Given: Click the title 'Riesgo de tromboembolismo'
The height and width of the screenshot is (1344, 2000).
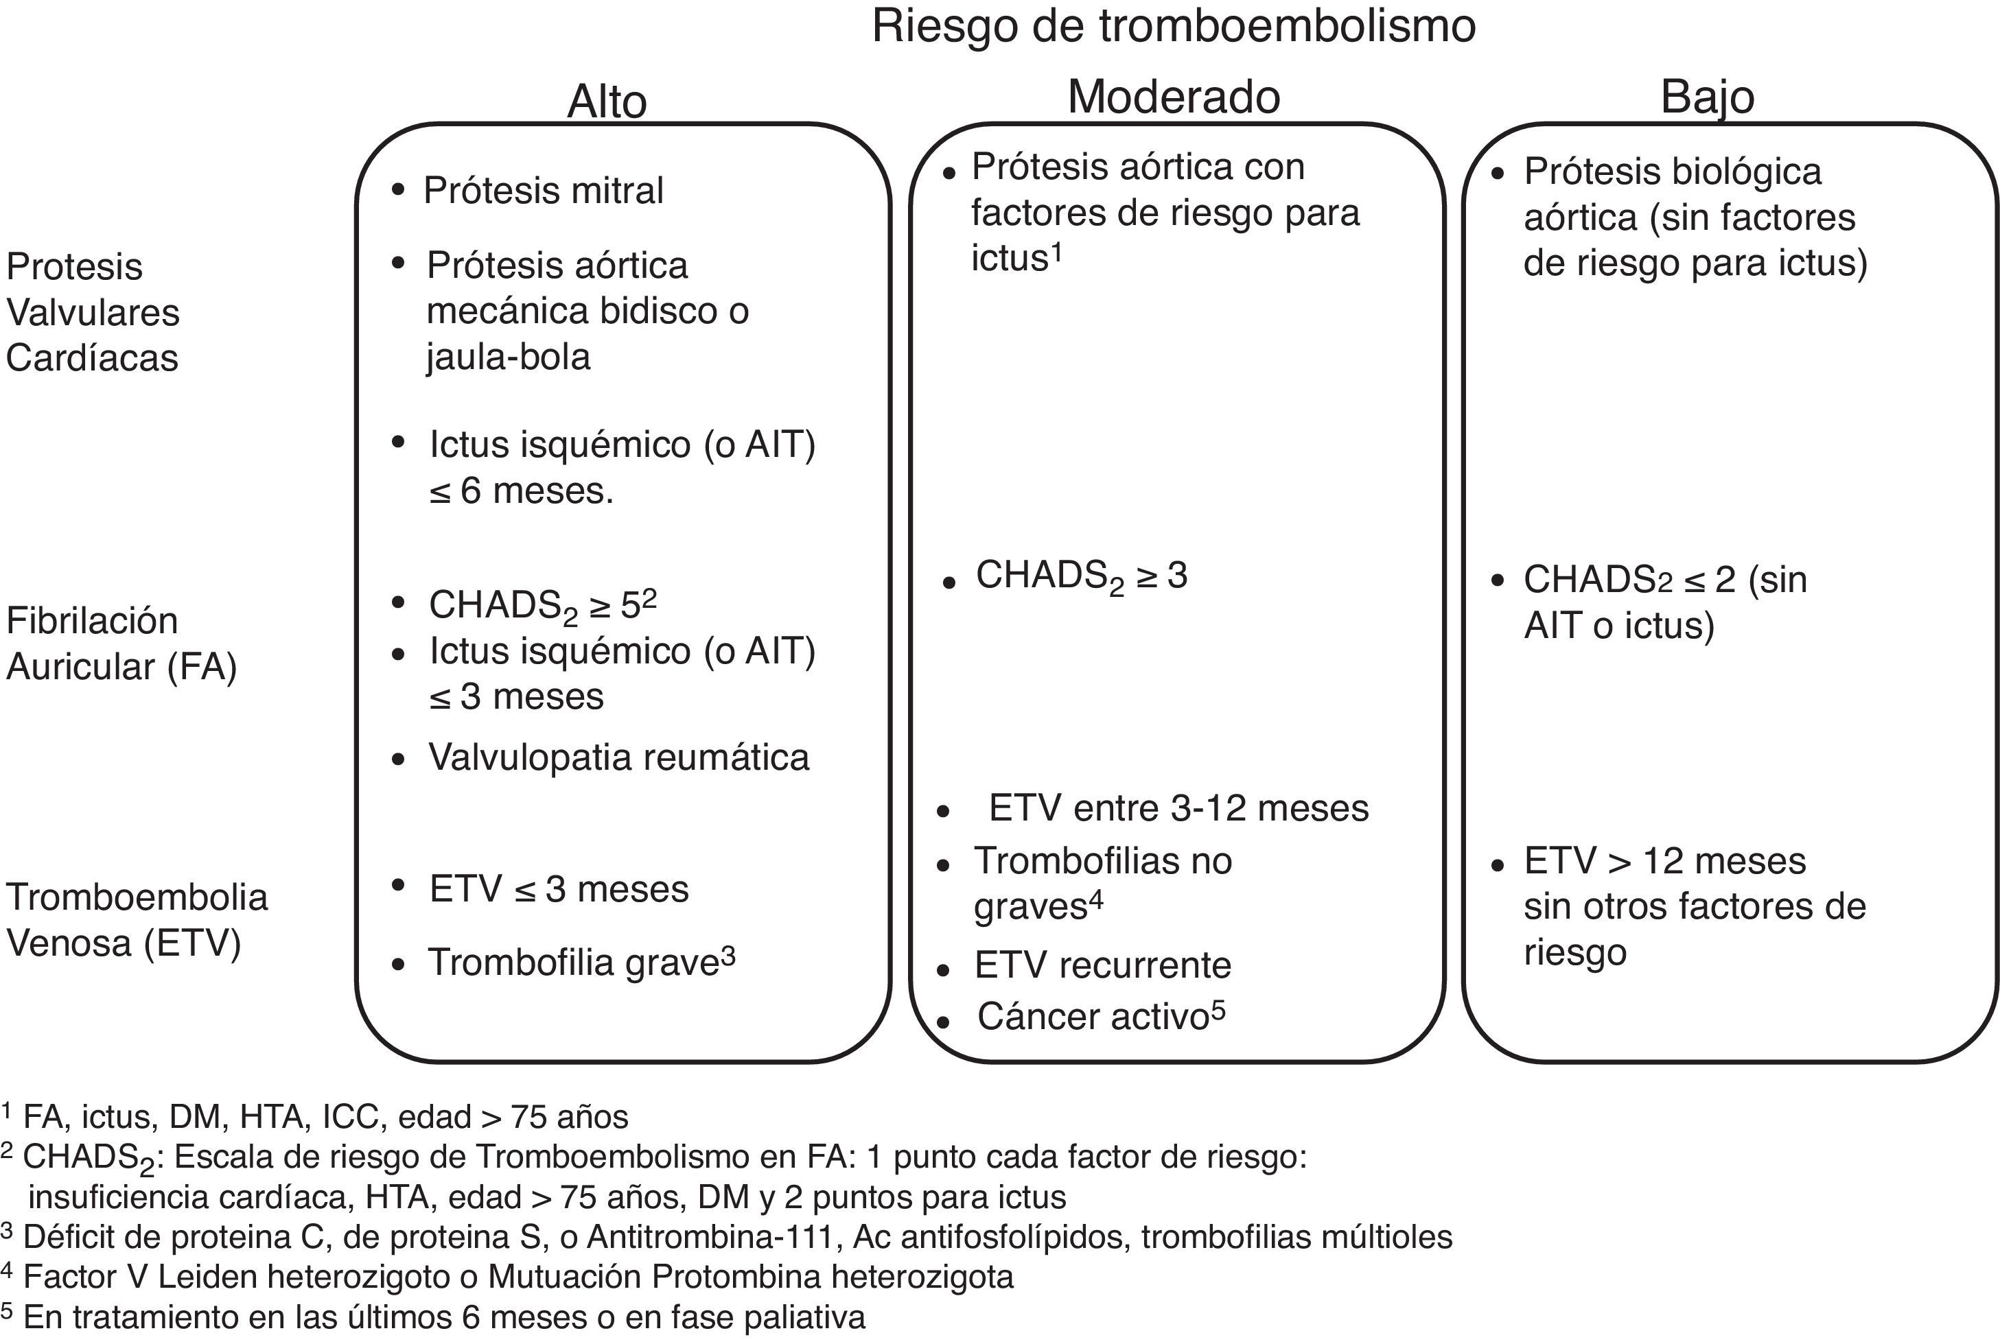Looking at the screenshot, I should (1173, 25).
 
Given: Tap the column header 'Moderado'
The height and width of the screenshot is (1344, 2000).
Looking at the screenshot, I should (1173, 97).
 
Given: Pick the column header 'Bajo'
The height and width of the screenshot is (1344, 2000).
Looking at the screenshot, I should (1707, 97).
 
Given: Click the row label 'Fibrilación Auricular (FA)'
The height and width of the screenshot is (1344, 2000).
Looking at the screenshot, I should (121, 644).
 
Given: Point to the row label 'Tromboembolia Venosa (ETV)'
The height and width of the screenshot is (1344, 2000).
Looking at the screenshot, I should (137, 920).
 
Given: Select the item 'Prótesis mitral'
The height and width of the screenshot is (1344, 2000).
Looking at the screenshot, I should (544, 190).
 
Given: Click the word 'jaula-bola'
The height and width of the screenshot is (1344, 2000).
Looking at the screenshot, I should (509, 357).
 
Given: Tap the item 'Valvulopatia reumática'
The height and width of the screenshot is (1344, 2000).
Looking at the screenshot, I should (618, 757).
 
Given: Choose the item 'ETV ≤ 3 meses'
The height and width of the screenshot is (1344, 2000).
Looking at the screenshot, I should (559, 890).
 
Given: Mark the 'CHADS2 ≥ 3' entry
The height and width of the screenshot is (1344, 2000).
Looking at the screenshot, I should (1081, 576).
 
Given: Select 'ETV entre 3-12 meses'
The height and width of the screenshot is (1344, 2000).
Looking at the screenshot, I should (1178, 808).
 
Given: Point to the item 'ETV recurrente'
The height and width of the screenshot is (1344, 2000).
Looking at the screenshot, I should (1102, 966).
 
